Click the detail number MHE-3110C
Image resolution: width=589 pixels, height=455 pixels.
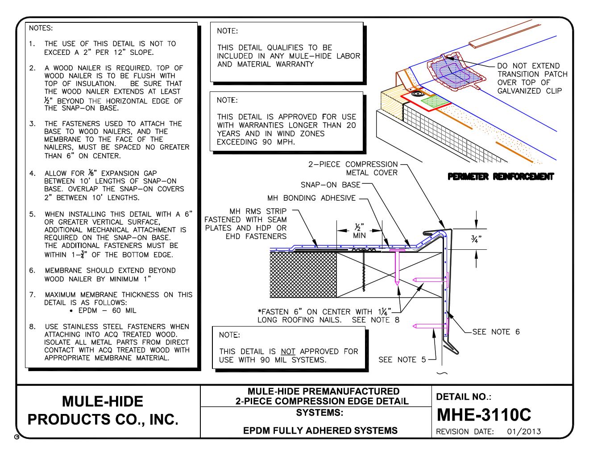483,414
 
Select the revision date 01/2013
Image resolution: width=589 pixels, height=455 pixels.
524,431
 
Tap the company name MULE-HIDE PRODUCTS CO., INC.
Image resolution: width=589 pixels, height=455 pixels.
103,410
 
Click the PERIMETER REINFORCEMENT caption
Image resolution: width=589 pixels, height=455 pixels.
501,177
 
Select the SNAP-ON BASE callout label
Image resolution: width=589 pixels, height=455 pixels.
330,185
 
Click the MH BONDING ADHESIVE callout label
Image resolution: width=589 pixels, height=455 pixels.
311,198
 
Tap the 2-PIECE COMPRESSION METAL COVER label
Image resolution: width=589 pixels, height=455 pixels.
353,168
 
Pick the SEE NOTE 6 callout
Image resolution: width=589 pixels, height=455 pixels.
496,331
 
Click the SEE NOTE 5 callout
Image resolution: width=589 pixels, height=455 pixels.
402,359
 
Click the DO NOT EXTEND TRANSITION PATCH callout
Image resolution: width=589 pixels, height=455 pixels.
532,79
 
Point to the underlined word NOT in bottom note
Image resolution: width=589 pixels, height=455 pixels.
288,351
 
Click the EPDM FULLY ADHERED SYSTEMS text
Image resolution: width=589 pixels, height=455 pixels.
320,430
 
